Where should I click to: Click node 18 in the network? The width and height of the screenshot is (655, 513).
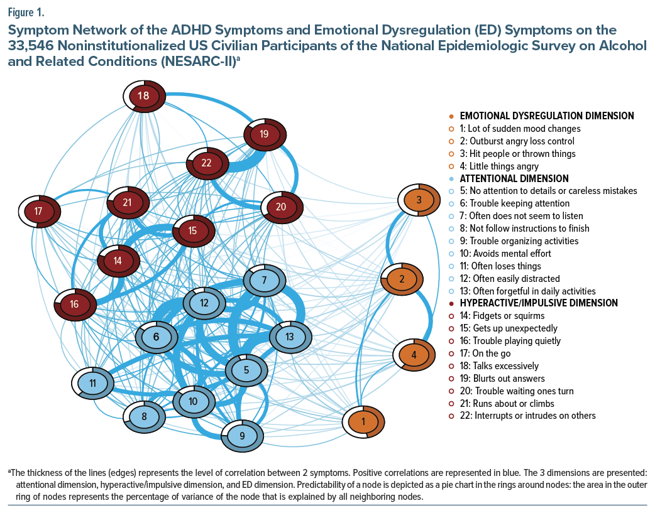click(143, 96)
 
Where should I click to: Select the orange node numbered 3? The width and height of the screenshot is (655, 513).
click(419, 200)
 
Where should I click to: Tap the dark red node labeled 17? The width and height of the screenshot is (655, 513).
click(38, 212)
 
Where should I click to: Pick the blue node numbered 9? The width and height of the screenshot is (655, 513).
click(242, 435)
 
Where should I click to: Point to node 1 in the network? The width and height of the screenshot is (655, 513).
click(363, 420)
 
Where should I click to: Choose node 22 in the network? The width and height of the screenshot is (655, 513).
click(206, 163)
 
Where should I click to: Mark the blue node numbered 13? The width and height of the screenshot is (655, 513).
click(289, 337)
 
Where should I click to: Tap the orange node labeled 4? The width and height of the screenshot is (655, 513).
click(414, 355)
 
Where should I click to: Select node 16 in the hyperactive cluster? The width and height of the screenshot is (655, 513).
click(74, 305)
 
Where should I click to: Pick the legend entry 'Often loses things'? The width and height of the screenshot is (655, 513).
click(498, 266)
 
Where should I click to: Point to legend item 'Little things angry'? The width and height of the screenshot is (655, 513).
click(499, 166)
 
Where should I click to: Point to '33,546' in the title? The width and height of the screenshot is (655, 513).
click(31, 46)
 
